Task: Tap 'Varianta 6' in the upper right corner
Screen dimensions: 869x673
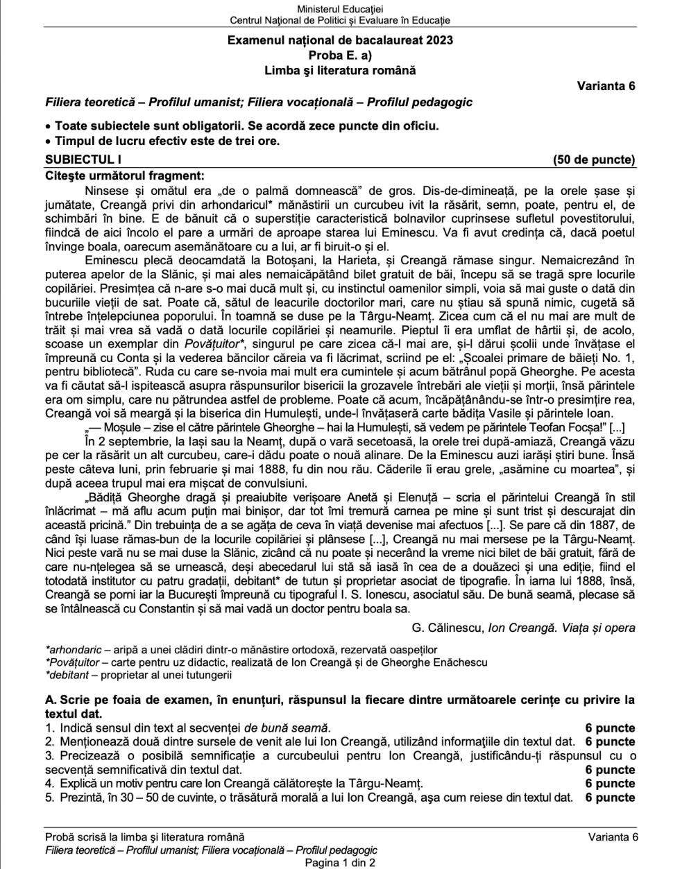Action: [606, 86]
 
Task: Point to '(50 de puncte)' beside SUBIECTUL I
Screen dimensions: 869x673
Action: [594, 160]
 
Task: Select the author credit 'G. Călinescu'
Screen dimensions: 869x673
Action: [448, 628]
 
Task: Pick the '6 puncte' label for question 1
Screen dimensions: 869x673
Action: [610, 728]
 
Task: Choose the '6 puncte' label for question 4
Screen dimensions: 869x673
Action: [610, 783]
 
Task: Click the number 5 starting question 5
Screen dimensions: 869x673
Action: [49, 797]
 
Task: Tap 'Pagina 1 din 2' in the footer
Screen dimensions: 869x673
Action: [340, 863]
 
